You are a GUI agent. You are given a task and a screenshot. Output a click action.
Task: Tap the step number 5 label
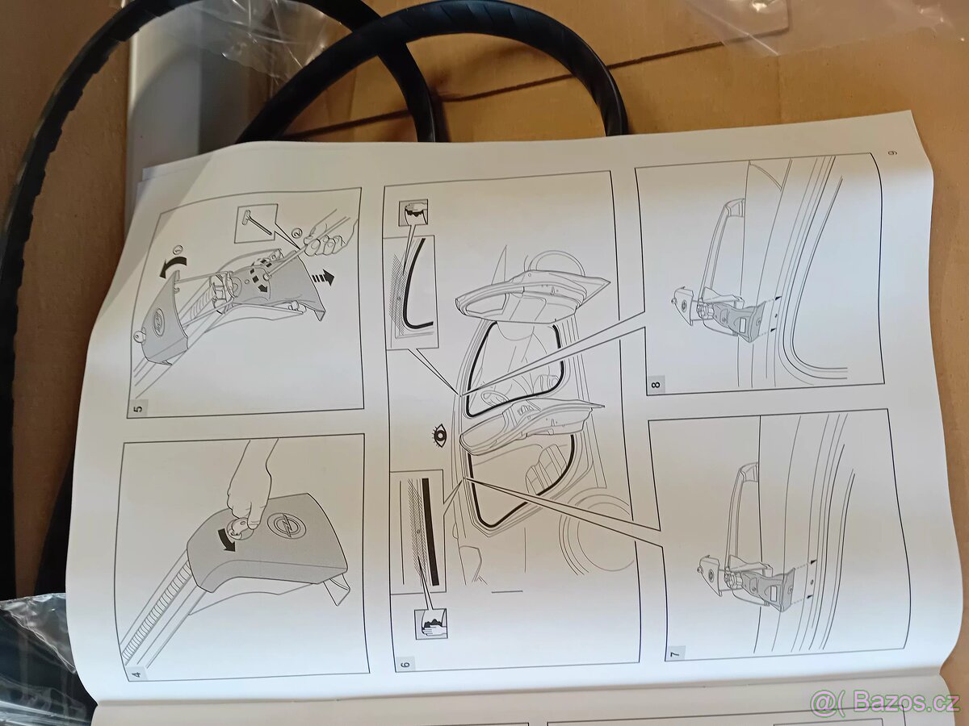(138, 407)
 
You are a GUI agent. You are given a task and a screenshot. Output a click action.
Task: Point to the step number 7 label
(676, 651)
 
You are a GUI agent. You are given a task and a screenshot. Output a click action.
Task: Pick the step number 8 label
(655, 384)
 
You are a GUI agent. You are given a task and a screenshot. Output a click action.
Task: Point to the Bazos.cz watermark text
(888, 702)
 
